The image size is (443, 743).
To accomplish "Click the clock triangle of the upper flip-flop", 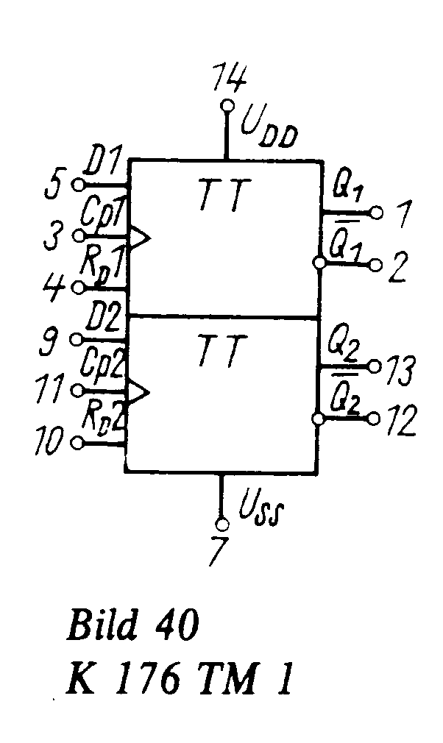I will click(140, 237).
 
